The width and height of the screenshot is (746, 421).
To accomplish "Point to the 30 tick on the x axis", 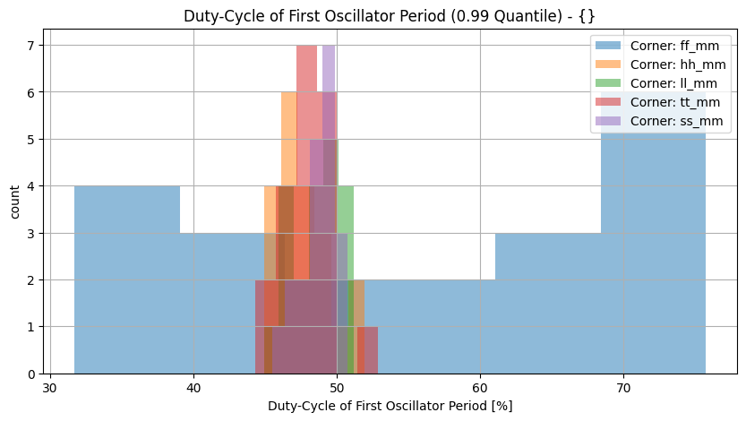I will pos(50,387).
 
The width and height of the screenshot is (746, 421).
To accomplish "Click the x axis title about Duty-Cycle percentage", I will pos(390,406).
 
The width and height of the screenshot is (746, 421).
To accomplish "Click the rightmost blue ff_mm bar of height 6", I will pos(653,251).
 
